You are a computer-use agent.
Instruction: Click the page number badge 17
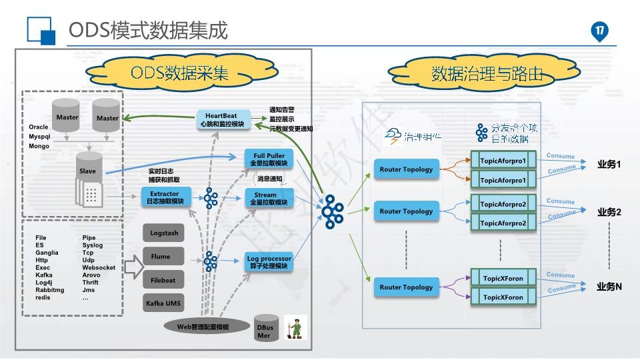pyautogui.click(x=599, y=31)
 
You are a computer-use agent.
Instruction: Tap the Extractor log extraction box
pyautogui.click(x=165, y=197)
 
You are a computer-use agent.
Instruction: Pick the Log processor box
pyautogui.click(x=269, y=261)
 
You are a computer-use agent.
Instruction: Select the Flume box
pyautogui.click(x=161, y=257)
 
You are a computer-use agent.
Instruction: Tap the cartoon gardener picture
pyautogui.click(x=294, y=327)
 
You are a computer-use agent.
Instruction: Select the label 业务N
pyautogui.click(x=609, y=287)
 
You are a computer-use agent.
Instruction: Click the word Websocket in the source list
pyautogui.click(x=99, y=267)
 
